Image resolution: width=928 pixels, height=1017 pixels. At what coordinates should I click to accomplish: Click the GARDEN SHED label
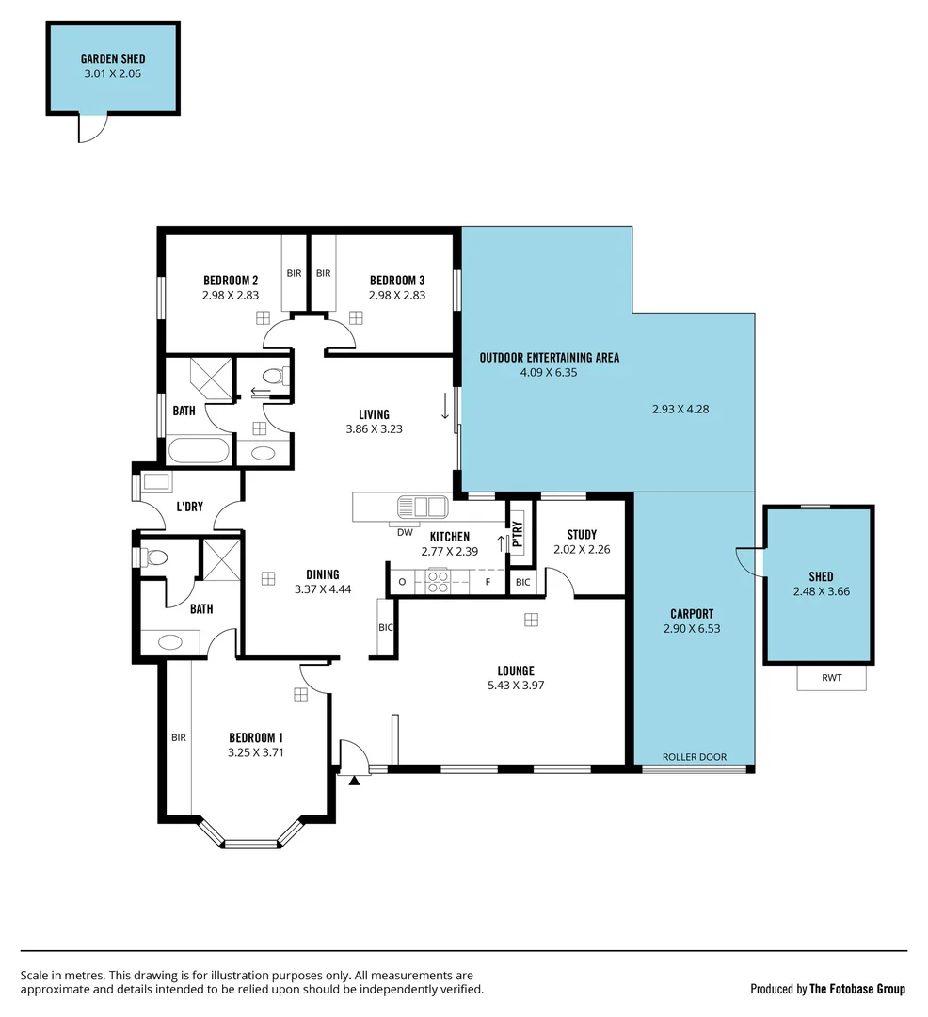[x=113, y=58]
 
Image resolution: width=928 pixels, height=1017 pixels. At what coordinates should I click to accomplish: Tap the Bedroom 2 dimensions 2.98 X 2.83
[x=230, y=295]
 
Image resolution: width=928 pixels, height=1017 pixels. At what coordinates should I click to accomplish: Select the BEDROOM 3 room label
[x=396, y=281]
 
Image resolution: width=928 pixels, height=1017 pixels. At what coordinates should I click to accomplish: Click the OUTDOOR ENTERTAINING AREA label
[x=549, y=358]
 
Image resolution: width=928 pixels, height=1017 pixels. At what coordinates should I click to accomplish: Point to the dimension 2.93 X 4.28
[x=687, y=409]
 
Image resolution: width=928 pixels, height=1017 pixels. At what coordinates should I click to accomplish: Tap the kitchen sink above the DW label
[x=422, y=507]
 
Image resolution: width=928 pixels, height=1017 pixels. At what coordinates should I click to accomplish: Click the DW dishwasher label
[x=405, y=532]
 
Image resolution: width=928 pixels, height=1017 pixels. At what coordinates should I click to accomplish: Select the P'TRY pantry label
[x=517, y=533]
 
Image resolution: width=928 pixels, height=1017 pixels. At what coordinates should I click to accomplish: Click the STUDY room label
[x=582, y=535]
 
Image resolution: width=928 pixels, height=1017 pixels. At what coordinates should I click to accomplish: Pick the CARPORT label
[x=691, y=614]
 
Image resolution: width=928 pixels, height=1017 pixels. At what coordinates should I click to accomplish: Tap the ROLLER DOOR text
[x=694, y=757]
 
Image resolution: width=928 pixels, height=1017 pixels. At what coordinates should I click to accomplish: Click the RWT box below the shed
[x=831, y=677]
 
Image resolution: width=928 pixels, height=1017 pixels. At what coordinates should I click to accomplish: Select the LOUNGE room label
[x=516, y=670]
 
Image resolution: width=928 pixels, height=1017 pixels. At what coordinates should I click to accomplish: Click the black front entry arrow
[x=354, y=780]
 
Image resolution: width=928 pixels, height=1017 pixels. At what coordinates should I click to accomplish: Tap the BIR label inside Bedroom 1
[x=178, y=738]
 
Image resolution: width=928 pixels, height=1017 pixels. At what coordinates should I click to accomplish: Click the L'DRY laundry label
[x=189, y=507]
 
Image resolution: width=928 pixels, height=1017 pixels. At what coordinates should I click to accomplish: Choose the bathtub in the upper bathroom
[x=198, y=450]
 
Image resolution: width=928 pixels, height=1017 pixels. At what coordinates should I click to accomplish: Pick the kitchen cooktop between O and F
[x=438, y=582]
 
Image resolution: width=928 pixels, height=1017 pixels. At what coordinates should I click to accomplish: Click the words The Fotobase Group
[x=857, y=989]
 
